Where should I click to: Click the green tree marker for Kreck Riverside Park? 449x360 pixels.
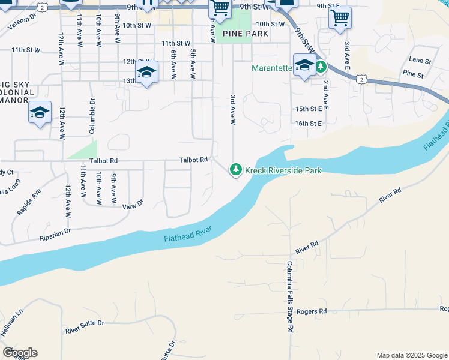(x=237, y=170)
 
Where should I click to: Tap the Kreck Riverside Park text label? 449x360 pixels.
(x=283, y=171)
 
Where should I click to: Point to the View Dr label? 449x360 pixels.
(x=133, y=205)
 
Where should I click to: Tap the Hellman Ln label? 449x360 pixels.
(x=12, y=325)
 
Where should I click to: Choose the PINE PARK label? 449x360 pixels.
(x=245, y=34)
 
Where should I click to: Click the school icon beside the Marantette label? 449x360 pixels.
(x=304, y=65)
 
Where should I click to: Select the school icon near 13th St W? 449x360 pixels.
(x=146, y=73)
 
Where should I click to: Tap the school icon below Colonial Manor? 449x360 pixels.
(x=40, y=112)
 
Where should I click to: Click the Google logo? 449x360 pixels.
(x=20, y=353)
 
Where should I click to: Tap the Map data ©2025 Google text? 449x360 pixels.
(x=412, y=355)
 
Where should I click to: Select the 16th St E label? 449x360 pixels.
(x=309, y=123)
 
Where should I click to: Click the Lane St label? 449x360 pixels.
(x=420, y=61)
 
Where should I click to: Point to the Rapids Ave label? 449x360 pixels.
(x=28, y=202)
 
